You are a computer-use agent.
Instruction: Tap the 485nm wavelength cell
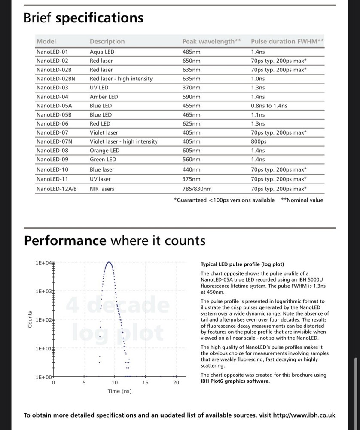click(x=191, y=52)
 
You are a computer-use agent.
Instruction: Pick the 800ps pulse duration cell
click(x=259, y=141)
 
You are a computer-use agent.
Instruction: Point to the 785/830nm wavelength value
click(x=197, y=188)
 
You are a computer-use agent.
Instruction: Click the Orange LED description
click(x=104, y=150)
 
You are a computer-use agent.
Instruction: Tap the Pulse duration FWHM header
click(x=287, y=42)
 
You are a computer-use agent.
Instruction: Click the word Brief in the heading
click(x=38, y=18)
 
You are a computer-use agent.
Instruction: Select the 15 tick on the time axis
click(x=145, y=382)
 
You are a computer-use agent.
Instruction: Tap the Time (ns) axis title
click(x=119, y=391)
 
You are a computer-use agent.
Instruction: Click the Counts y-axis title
click(x=30, y=319)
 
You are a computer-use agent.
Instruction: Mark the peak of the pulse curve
click(x=109, y=262)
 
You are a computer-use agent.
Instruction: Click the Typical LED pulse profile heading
click(x=242, y=264)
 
